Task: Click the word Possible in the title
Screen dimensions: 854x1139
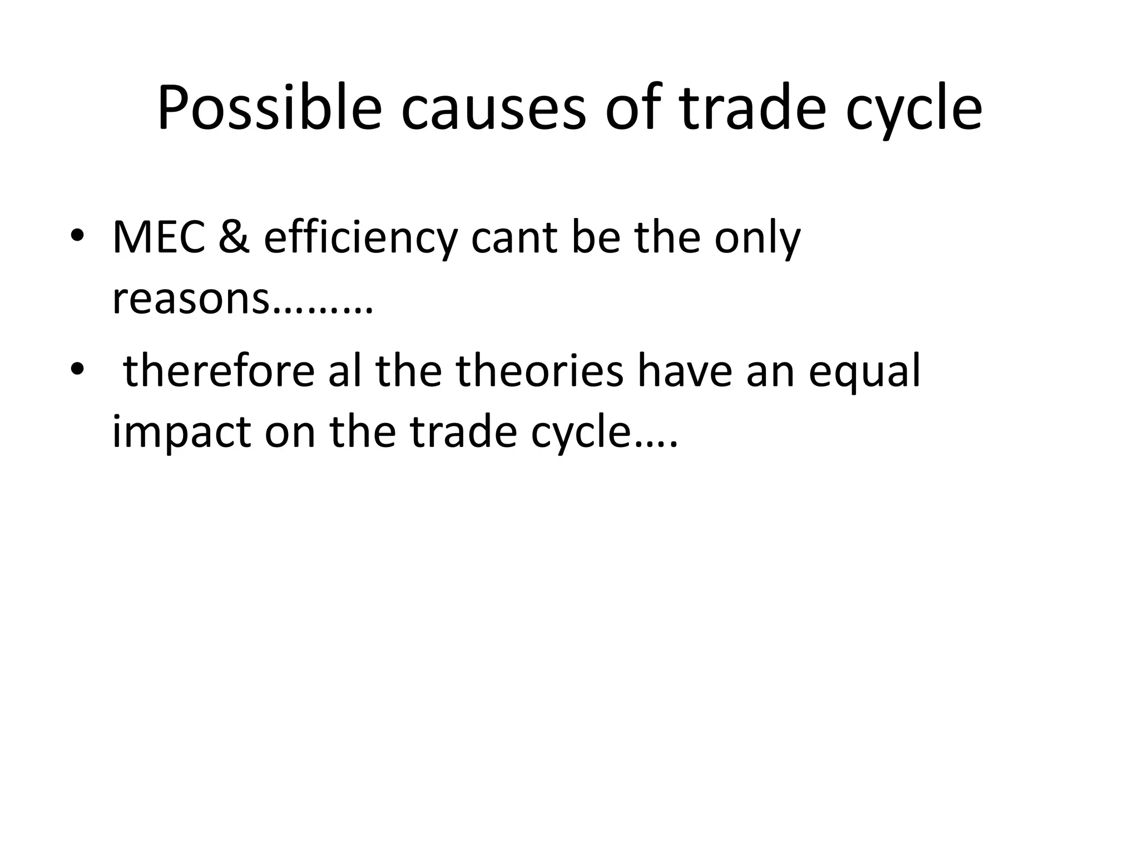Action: (269, 108)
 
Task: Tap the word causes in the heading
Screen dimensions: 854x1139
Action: (493, 108)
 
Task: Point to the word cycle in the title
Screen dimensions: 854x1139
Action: (914, 111)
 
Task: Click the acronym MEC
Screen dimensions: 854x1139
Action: (159, 238)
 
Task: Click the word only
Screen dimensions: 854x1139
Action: (757, 240)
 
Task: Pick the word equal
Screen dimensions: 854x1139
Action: (864, 374)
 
